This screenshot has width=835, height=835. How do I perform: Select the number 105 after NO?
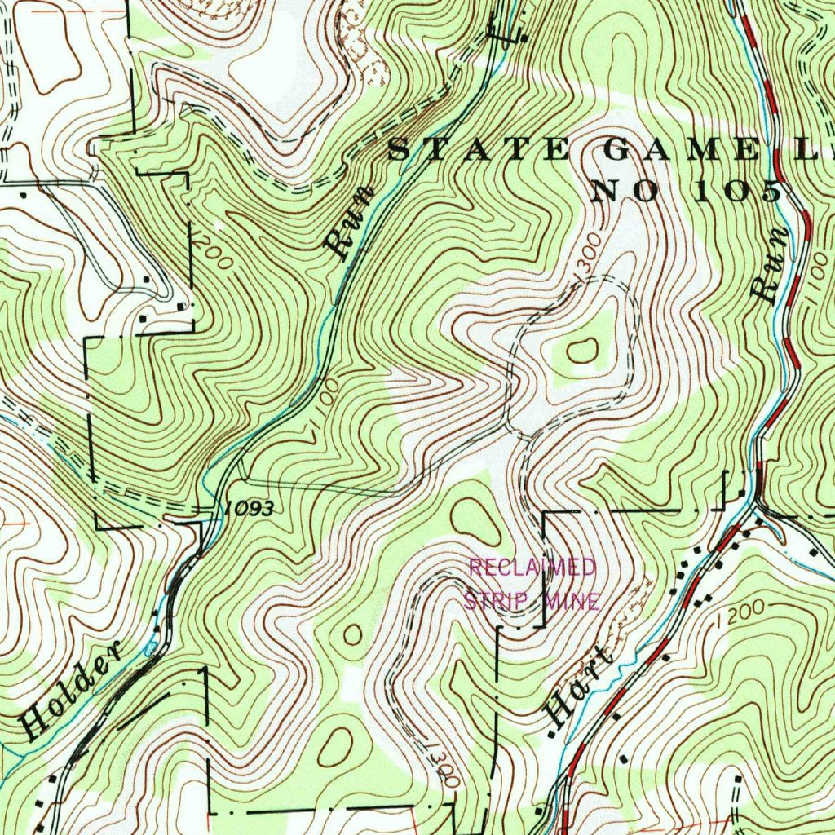coord(738,192)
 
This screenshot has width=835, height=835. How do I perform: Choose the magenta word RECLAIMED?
coord(532,567)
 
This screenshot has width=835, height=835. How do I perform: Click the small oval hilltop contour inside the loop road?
coord(582,351)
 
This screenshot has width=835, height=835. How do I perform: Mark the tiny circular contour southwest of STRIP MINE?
coord(353,634)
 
